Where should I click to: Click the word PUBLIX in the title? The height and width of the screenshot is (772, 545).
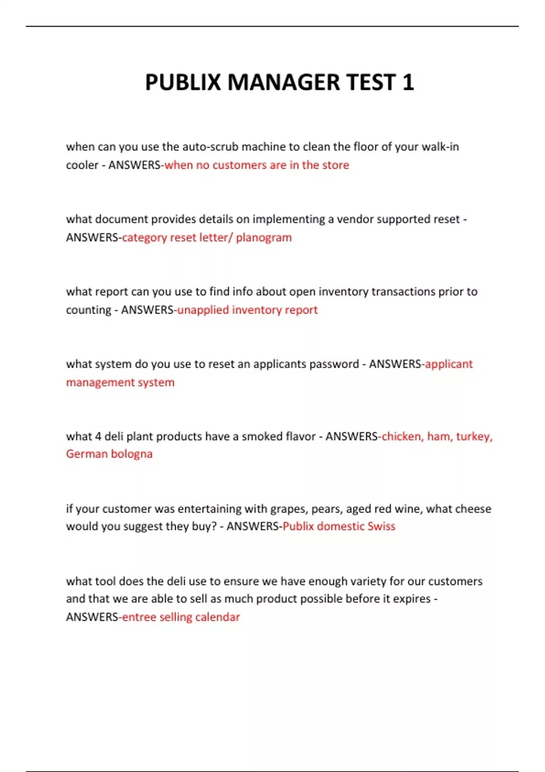click(x=183, y=83)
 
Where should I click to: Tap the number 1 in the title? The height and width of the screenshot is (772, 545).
click(x=408, y=83)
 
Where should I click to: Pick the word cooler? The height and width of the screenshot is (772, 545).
click(x=82, y=165)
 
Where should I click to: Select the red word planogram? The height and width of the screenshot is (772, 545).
click(x=264, y=238)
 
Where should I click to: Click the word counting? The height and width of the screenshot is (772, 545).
click(x=89, y=310)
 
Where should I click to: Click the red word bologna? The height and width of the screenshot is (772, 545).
click(x=132, y=454)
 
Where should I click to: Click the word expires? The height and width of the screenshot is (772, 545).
click(x=411, y=599)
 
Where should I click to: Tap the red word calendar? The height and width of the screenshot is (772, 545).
click(x=218, y=617)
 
